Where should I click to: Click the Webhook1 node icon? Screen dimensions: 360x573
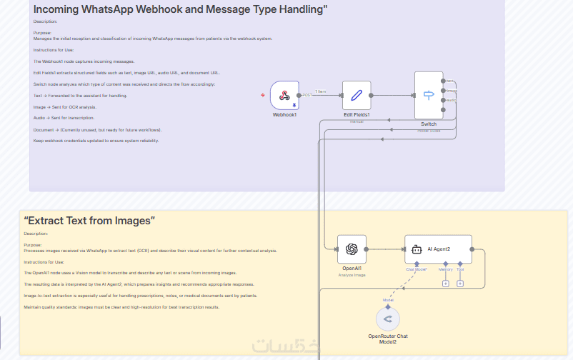coord(284,95)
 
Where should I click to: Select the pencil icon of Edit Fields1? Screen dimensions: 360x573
coord(357,95)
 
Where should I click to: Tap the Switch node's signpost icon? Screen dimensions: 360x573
coord(429,95)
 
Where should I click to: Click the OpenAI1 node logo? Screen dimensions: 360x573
coord(352,249)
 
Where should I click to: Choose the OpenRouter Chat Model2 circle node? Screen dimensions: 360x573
coord(388,318)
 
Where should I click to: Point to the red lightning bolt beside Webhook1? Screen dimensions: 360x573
coord(263,95)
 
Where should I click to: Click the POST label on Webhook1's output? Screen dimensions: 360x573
coord(307,94)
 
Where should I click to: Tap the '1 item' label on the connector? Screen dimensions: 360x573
coord(321,91)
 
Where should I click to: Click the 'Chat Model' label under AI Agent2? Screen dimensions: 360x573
coord(417,270)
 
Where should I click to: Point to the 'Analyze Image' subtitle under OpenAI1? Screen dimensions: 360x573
coord(352,275)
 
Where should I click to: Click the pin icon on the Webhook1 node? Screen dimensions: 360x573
coord(294,104)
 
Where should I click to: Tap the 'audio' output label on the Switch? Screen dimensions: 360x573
coord(451,100)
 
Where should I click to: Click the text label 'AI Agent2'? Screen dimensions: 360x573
coord(439,249)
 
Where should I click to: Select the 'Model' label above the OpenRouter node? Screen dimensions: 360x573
coord(388,300)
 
